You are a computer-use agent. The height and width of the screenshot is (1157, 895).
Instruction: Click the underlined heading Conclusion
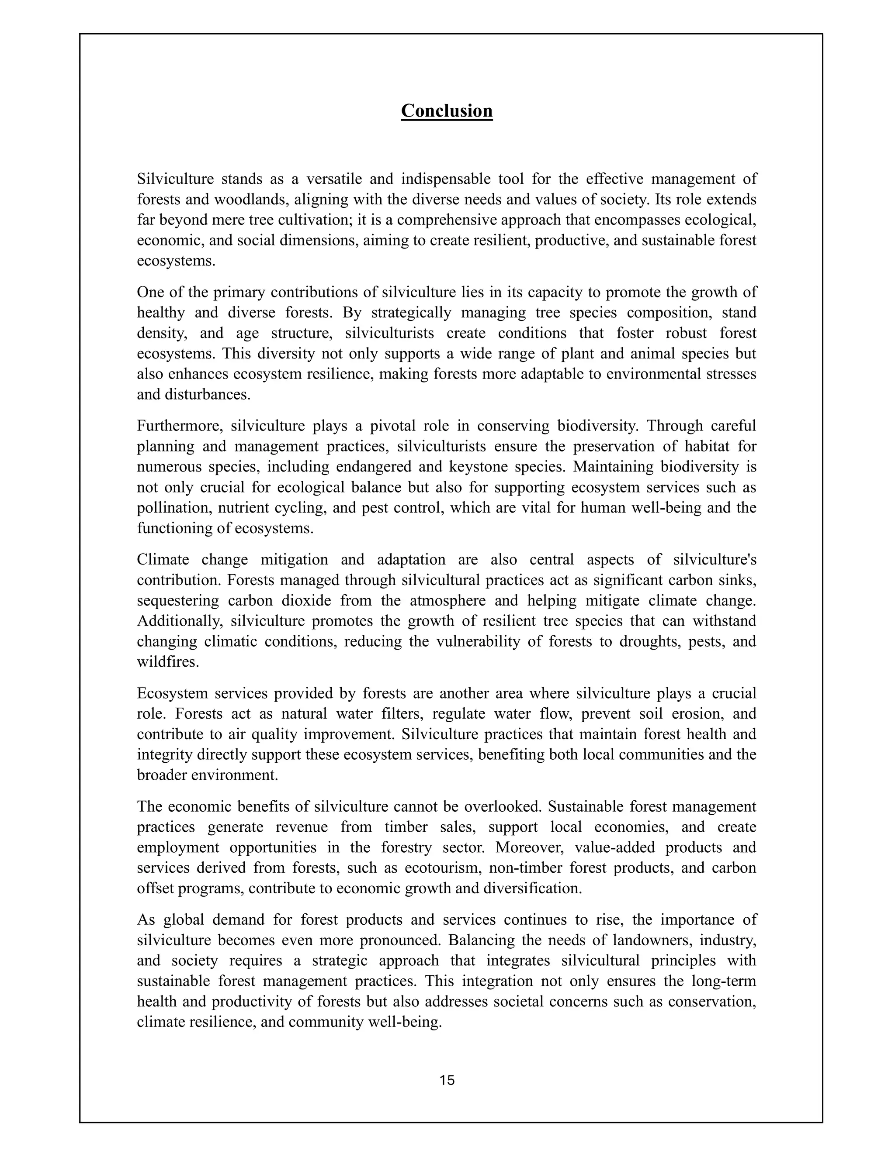point(447,111)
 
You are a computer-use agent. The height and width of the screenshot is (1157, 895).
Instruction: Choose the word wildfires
point(167,662)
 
